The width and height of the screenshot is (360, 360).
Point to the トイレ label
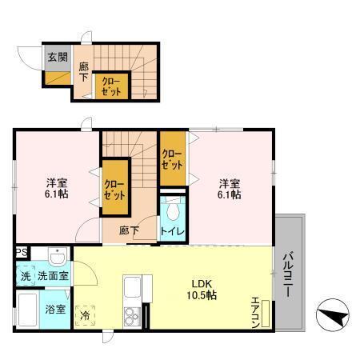coord(173,232)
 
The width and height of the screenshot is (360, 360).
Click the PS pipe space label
coord(22,252)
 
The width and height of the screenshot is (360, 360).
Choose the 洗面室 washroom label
coord(53,275)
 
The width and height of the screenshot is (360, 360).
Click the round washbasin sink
coord(56,258)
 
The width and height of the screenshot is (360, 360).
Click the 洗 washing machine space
coord(25,275)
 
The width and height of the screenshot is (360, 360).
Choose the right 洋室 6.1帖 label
coord(229,187)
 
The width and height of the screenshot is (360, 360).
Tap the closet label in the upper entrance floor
coord(110,86)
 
